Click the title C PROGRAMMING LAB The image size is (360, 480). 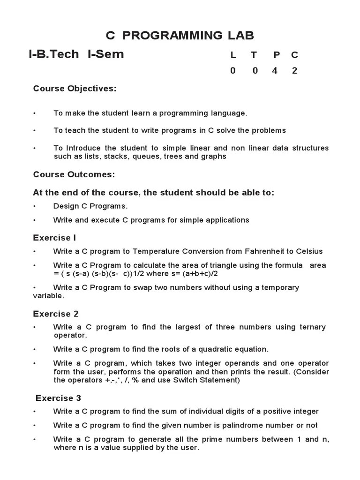[x=180, y=35]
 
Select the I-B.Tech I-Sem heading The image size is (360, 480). [x=76, y=54]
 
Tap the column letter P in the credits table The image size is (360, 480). [x=277, y=55]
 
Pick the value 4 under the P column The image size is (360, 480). [x=275, y=71]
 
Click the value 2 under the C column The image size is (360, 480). [x=294, y=71]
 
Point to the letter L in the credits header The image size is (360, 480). [x=233, y=55]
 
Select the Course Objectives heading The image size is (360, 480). [x=75, y=89]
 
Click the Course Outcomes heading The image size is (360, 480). [x=74, y=174]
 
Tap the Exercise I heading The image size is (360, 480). [x=54, y=238]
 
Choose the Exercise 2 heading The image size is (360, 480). [x=56, y=314]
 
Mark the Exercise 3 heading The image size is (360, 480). [x=58, y=398]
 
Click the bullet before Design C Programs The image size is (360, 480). [x=34, y=206]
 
